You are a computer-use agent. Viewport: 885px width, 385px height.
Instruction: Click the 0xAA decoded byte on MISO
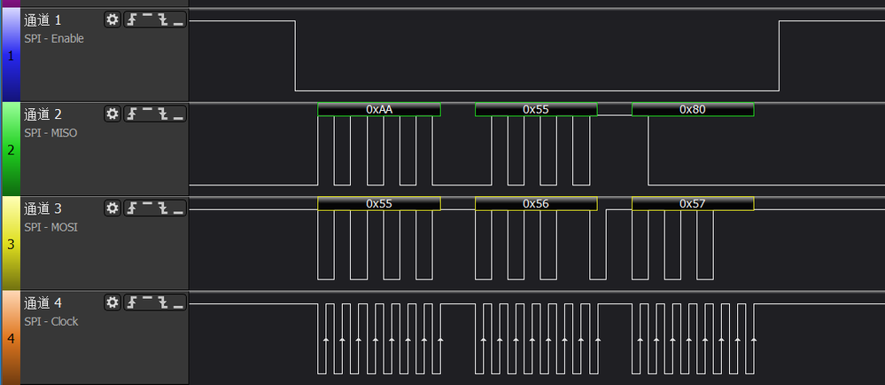pos(379,109)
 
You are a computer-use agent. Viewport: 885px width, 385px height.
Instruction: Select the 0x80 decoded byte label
pos(693,109)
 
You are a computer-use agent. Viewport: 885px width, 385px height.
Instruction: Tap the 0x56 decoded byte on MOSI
pos(536,203)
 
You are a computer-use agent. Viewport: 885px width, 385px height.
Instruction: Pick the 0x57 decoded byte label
pos(693,203)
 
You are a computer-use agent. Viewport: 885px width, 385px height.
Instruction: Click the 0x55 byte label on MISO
pos(536,109)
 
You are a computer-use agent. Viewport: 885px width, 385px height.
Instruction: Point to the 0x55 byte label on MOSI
pos(379,203)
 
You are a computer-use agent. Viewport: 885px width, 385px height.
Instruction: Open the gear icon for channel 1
pos(113,20)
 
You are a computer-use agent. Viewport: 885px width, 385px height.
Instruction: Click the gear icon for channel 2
pos(113,114)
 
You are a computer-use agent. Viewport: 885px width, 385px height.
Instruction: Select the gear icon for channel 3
pos(113,208)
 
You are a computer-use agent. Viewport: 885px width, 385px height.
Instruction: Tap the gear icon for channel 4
pos(113,302)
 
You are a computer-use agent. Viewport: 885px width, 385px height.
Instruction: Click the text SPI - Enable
pos(54,39)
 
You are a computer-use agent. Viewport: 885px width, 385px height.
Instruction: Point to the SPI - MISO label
pos(50,133)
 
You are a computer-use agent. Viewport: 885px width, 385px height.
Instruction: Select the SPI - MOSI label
pos(50,227)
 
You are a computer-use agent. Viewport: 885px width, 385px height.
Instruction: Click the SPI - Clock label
pos(51,322)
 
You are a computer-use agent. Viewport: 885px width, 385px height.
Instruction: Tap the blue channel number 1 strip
pos(10,55)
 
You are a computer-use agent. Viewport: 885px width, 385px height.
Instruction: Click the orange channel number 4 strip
pos(10,338)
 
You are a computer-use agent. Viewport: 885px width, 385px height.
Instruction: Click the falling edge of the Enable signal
pos(295,55)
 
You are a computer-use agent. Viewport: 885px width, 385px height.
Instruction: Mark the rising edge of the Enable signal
pos(780,55)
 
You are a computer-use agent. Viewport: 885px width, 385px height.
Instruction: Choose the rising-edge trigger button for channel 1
pos(132,20)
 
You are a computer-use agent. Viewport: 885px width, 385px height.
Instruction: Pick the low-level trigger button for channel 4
pos(178,302)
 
